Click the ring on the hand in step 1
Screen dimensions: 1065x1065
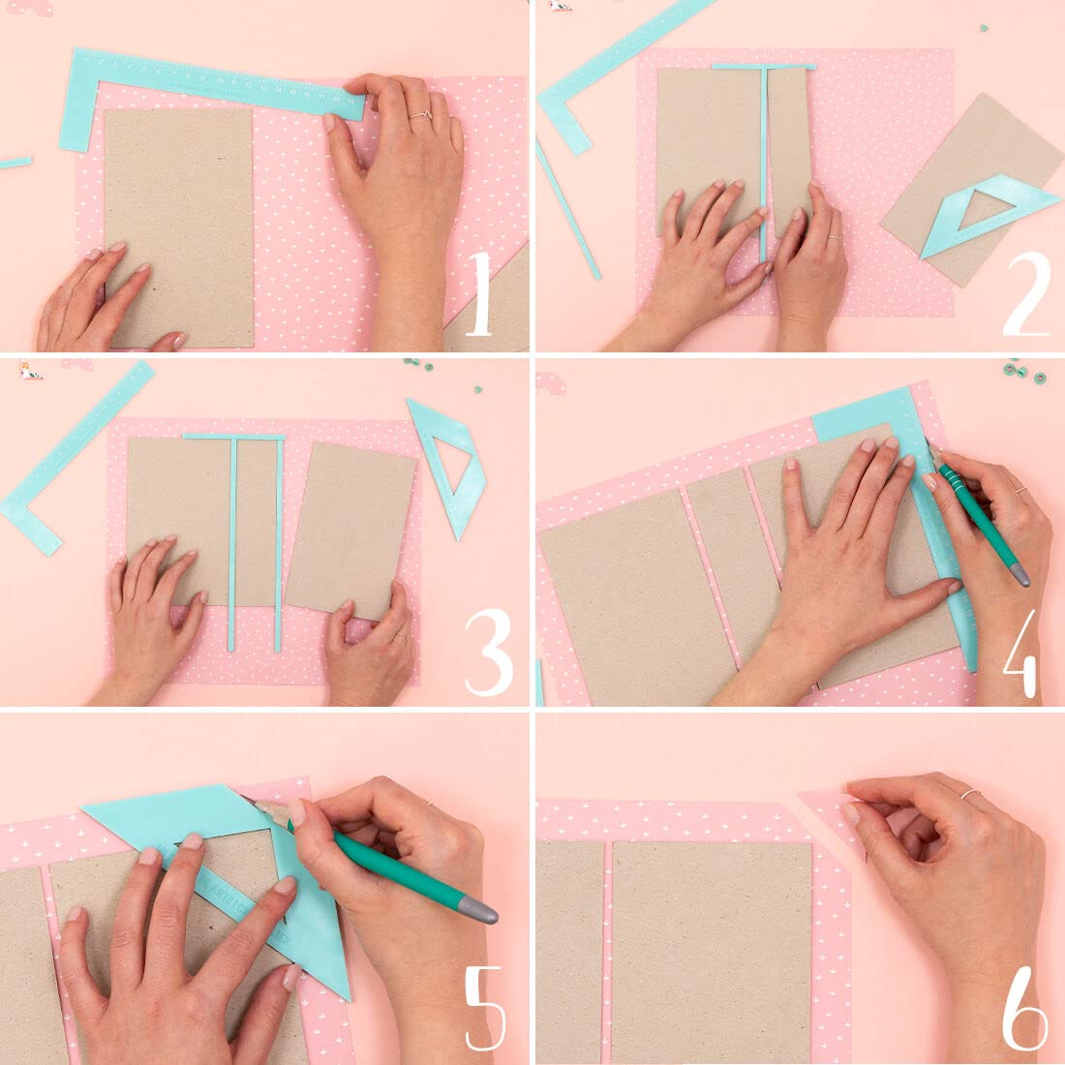point(420,117)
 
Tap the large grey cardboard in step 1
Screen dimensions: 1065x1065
point(178,228)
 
